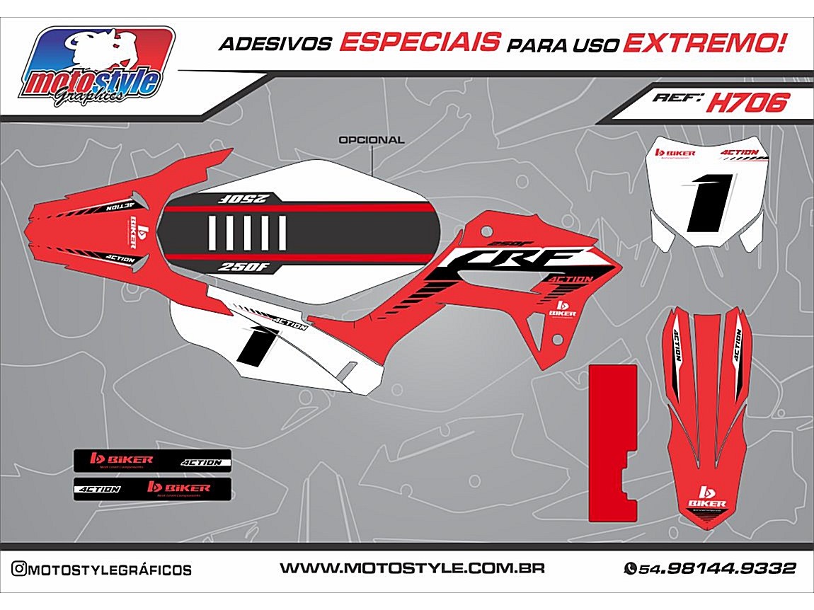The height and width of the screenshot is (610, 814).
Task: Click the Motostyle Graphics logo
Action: [x=97, y=69]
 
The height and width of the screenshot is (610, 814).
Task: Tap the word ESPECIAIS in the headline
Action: [x=419, y=43]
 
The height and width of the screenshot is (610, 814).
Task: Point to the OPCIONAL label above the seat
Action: [x=372, y=140]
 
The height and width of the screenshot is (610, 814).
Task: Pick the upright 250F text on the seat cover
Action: [x=243, y=267]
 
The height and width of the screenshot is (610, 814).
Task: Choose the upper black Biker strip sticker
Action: [x=153, y=461]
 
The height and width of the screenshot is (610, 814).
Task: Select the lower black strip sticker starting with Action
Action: [x=153, y=488]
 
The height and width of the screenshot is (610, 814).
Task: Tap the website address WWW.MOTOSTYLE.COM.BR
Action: [x=412, y=568]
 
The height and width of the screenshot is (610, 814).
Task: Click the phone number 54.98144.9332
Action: [x=718, y=568]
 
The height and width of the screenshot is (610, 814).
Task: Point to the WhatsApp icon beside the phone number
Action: [x=629, y=568]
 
